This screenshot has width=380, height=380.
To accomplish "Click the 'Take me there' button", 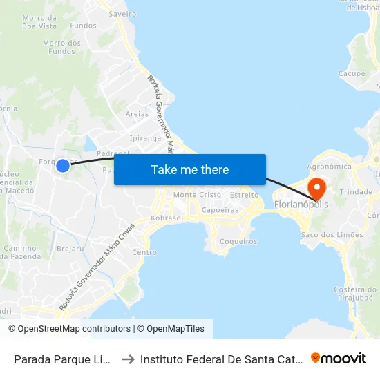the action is [190, 170].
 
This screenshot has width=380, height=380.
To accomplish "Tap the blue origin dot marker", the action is [63, 165].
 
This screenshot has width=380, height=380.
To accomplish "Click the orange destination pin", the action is [316, 187].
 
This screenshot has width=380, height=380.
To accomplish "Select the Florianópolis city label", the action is [301, 205].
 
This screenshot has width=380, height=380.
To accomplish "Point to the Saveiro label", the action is [122, 13].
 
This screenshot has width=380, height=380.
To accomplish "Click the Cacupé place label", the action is [352, 73].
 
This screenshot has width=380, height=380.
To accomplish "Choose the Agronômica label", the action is [330, 167].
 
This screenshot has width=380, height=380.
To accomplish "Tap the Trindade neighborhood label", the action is [357, 192].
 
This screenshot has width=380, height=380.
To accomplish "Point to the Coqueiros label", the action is [238, 242].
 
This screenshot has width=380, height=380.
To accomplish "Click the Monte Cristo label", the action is [198, 195].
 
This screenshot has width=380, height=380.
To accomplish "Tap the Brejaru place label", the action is [70, 248].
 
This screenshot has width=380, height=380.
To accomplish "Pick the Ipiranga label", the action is [145, 138].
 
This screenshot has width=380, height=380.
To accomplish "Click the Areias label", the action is [137, 114].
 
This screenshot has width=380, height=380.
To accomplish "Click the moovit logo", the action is [339, 359].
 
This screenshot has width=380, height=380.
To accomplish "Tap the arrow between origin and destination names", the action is [128, 359].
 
